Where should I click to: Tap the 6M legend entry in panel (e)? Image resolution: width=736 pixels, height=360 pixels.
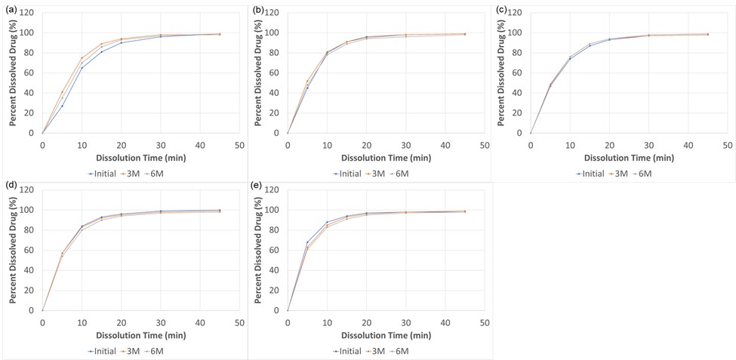400,351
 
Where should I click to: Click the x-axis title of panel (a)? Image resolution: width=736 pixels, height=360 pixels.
140,158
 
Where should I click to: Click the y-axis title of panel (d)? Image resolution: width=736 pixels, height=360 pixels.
13,250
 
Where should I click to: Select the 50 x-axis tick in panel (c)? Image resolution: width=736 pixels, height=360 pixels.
727,144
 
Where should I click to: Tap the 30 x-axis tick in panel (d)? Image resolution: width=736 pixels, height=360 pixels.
160,322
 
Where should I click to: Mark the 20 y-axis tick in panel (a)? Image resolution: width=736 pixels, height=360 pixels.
29,113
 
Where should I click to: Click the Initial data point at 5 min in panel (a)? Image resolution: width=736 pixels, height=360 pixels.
62,106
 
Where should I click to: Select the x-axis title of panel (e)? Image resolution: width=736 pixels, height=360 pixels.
385,335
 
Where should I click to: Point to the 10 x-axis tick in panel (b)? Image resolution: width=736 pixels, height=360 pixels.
327,144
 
